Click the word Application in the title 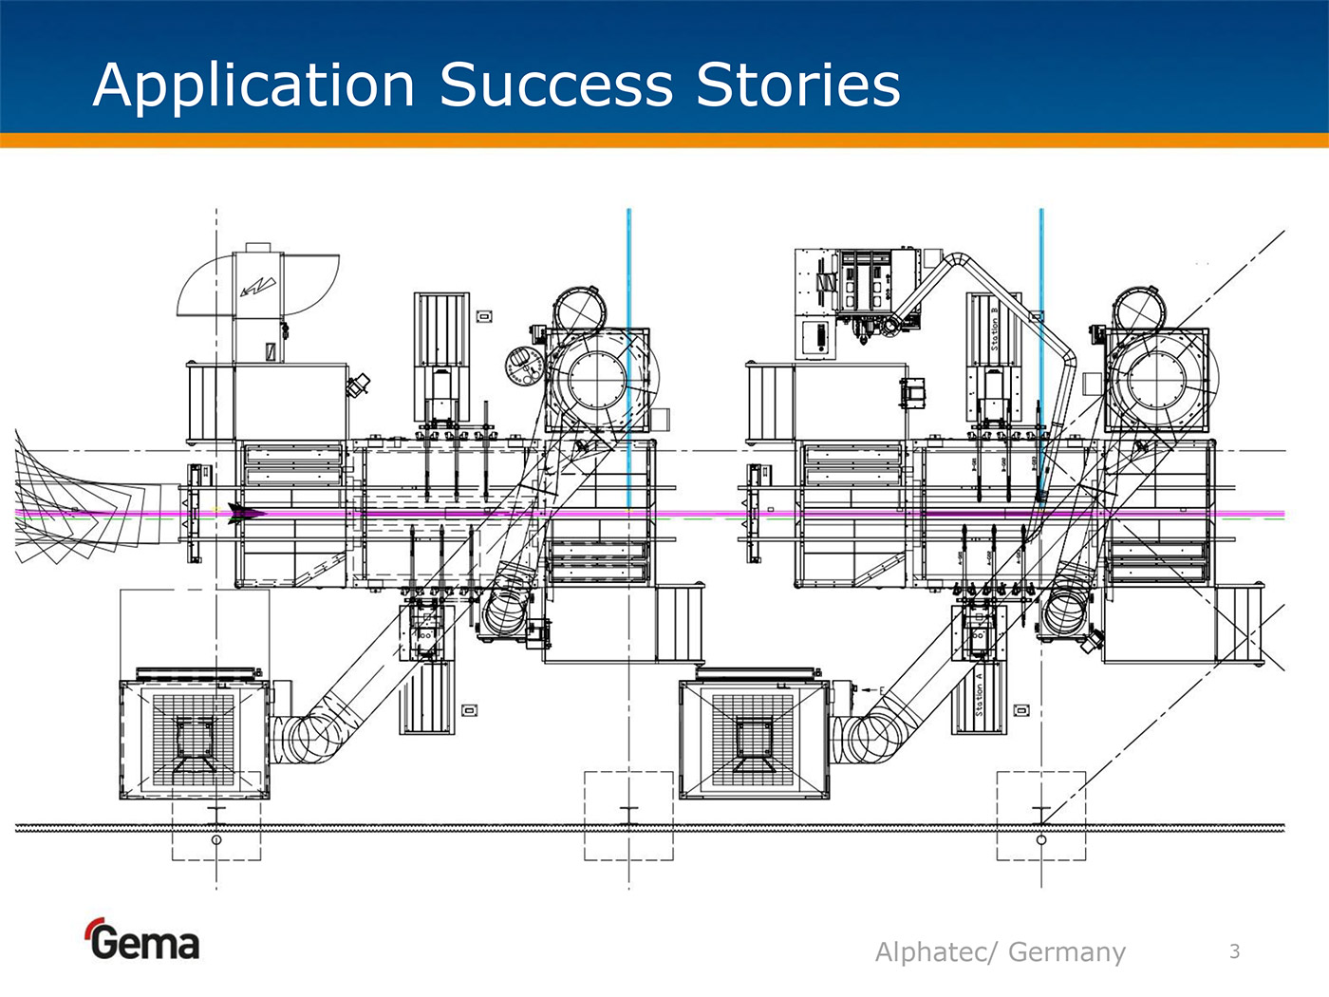[x=254, y=85]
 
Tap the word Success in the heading [x=555, y=85]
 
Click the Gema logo [x=142, y=940]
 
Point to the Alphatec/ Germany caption [x=1000, y=951]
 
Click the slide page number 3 [x=1234, y=950]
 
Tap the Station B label [x=994, y=328]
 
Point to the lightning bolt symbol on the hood [x=257, y=285]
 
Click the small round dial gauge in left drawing [x=523, y=365]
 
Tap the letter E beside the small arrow [x=882, y=689]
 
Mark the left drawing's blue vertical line [x=628, y=361]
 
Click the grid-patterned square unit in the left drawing [x=194, y=739]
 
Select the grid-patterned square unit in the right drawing [x=754, y=739]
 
